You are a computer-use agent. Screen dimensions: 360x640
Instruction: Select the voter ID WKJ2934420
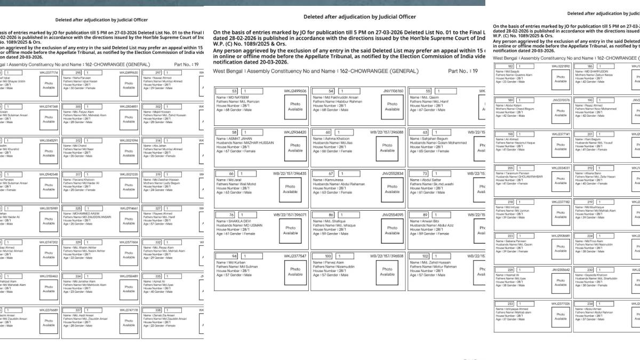[x=295, y=132]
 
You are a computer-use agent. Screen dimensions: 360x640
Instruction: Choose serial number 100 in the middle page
[x=328, y=256]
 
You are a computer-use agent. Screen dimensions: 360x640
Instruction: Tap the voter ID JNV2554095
[x=393, y=214]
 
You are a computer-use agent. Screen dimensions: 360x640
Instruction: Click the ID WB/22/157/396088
[x=387, y=132]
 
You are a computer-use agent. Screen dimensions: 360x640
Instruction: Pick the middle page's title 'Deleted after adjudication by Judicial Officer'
[x=359, y=17]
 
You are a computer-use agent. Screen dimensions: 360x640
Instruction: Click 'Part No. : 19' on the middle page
[x=463, y=71]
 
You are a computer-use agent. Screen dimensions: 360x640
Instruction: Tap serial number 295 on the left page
[x=78, y=73]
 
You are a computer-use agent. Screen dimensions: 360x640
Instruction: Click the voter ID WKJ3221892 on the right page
[x=561, y=66]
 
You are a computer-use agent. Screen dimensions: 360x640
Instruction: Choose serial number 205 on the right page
[x=510, y=168]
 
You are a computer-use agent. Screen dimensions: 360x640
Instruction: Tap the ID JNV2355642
[x=561, y=270]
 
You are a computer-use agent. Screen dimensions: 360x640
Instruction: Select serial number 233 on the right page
[x=510, y=303]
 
